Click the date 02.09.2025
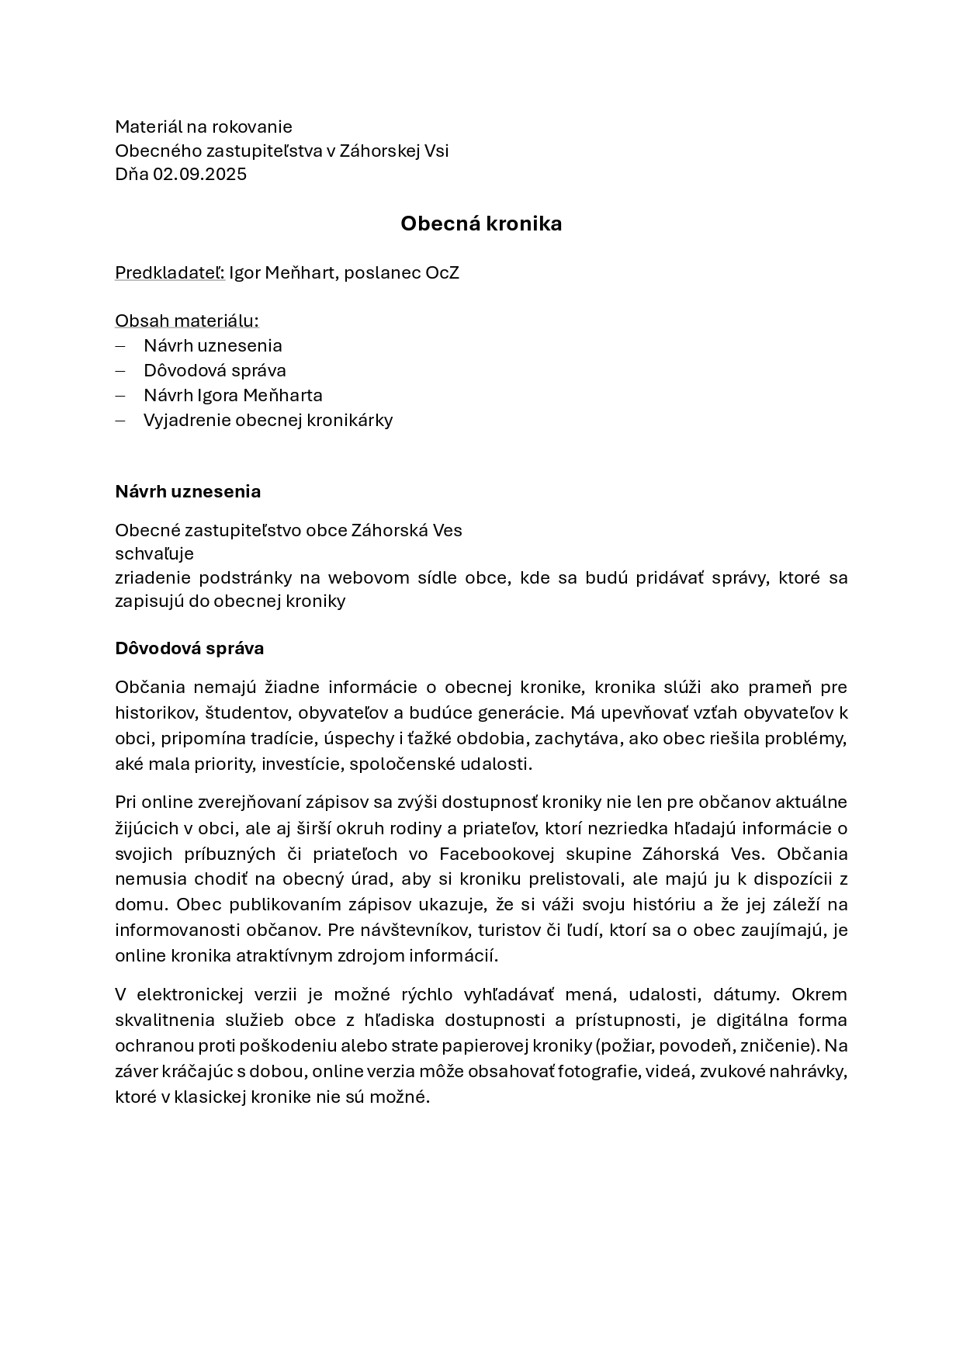pos(199,174)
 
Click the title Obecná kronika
pos(481,224)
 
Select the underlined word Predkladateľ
pos(169,273)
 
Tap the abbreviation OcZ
pos(442,273)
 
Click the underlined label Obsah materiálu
pos(186,321)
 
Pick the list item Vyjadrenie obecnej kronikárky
pos(268,420)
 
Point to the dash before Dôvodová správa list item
pos(120,370)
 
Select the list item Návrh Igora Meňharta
pos(233,395)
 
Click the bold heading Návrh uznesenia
pos(188,491)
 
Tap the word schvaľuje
pos(154,553)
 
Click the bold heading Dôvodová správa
pos(189,648)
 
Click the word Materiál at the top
pos(148,126)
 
